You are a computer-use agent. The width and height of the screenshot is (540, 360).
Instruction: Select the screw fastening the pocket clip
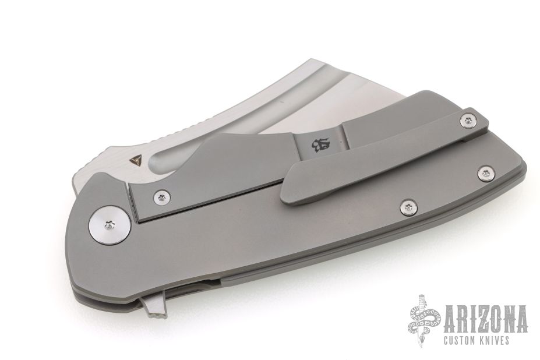[x=468, y=121]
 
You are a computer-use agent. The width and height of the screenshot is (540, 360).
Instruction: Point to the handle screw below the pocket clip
[x=408, y=207]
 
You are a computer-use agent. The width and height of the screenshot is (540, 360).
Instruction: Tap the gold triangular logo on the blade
[x=133, y=160]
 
